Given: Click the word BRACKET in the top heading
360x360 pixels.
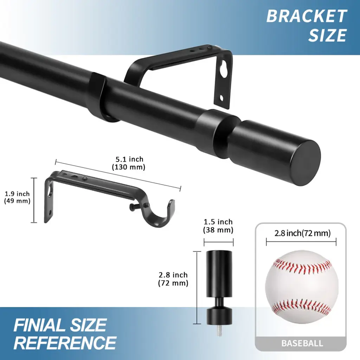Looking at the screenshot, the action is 307,16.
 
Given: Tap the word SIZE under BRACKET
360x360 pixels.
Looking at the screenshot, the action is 327,35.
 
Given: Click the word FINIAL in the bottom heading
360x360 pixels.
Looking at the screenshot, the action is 39,325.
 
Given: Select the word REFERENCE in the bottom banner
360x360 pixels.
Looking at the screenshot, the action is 65,342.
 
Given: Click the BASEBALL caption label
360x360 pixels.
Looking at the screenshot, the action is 302,343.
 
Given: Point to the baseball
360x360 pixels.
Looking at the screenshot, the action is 302,287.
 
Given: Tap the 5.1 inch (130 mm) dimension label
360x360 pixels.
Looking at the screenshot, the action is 129,163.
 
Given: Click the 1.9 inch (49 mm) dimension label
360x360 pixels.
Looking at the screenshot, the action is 17,197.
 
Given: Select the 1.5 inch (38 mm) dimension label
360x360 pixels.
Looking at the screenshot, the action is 218,226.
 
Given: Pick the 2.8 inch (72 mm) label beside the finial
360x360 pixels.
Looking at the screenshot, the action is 173,279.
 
